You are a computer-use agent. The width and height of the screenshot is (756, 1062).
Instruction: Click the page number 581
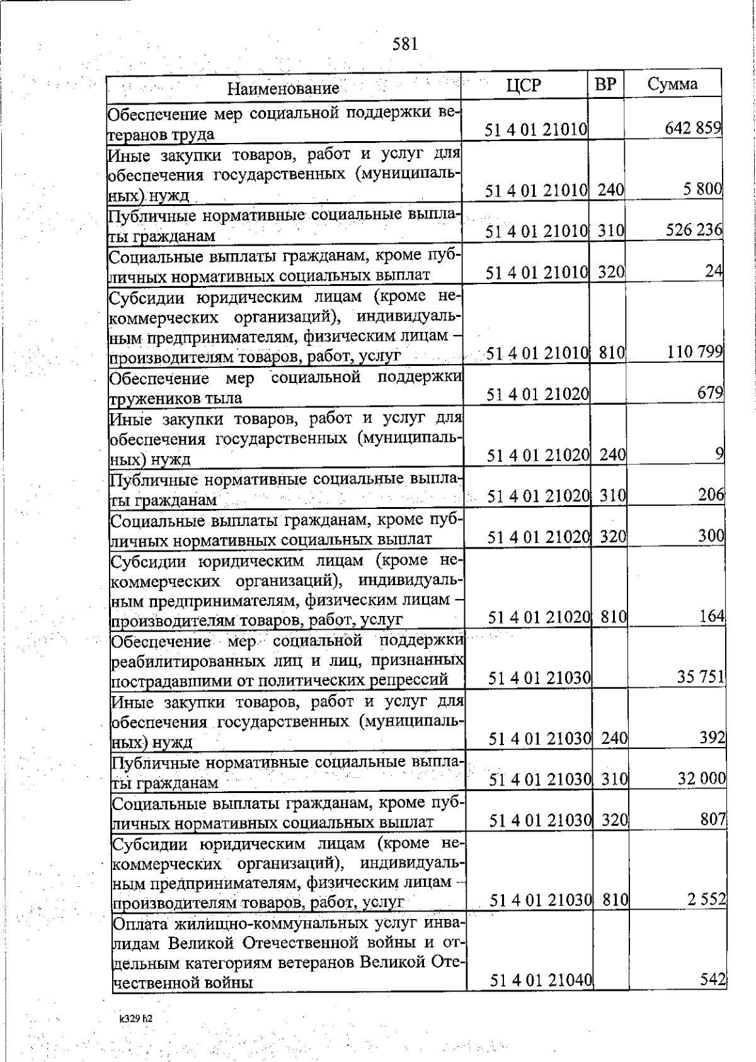click(x=405, y=44)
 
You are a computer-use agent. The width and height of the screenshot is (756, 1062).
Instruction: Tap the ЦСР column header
click(x=524, y=86)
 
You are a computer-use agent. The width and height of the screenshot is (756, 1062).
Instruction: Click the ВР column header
click(x=605, y=84)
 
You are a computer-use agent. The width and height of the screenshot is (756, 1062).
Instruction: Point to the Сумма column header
click(x=672, y=84)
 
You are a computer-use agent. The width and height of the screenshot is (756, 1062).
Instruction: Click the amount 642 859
click(x=693, y=128)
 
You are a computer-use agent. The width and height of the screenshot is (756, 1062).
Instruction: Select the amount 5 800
click(x=702, y=188)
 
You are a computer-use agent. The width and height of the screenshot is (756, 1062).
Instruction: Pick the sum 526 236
click(x=694, y=230)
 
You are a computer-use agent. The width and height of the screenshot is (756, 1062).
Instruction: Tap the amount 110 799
click(x=695, y=351)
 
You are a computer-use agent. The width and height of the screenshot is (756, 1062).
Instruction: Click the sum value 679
click(x=711, y=392)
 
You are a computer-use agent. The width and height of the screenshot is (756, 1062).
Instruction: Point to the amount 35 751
click(x=701, y=677)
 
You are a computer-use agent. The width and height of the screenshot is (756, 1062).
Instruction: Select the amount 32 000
click(x=701, y=778)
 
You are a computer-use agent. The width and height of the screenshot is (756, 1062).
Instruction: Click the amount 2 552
click(x=706, y=899)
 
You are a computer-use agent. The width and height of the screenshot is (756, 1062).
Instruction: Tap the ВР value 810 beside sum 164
click(x=614, y=617)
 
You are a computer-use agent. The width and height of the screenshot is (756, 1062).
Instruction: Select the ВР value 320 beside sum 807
click(x=615, y=819)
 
